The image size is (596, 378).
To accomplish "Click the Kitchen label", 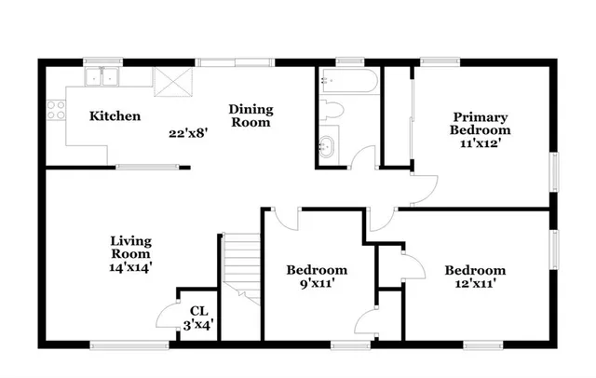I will [x=115, y=116].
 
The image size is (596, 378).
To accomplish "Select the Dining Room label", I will [x=251, y=115].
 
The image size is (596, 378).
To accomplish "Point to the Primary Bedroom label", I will [x=481, y=124].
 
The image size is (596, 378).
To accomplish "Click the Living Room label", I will [x=131, y=247].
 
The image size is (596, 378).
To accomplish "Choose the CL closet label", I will [x=198, y=311].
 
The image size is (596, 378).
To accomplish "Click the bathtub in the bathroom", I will [x=347, y=82].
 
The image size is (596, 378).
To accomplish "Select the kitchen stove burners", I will [x=55, y=112].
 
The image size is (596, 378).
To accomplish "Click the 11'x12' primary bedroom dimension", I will [x=481, y=144].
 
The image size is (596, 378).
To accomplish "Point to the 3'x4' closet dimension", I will [x=198, y=325].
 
